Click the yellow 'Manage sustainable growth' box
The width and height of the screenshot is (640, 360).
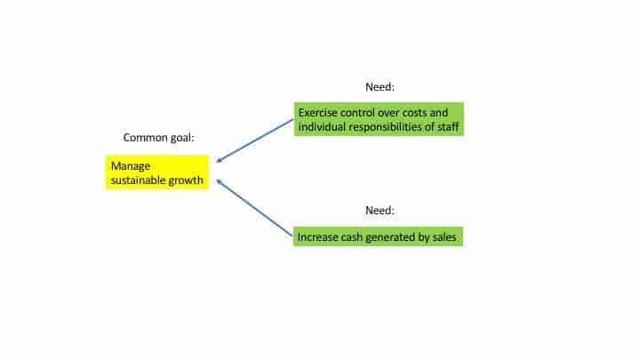157,172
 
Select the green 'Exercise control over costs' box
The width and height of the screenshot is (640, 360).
379,119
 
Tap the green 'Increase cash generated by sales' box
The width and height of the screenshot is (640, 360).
378,236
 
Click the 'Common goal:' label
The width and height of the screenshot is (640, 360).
159,138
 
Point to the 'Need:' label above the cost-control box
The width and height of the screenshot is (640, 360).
380,87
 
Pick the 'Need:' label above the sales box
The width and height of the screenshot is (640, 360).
380,210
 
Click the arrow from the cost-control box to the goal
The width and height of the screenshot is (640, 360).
255,140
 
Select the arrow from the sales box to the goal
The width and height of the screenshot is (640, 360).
254,208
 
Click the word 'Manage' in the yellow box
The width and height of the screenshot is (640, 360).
131,166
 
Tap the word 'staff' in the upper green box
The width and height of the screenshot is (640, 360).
448,127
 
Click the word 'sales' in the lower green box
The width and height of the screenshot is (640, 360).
444,237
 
